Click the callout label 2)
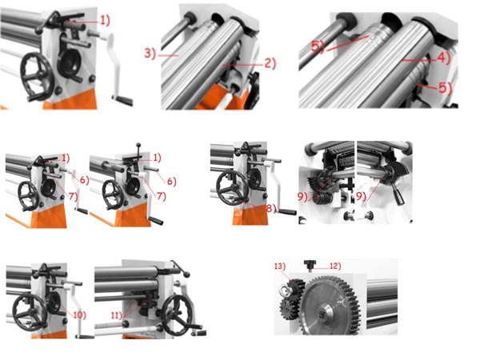[x=270, y=63]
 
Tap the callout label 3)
[x=150, y=54]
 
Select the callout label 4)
[x=443, y=58]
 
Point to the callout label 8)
[x=271, y=209]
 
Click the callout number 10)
[x=79, y=314]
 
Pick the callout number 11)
[x=117, y=315]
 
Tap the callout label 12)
[x=335, y=266]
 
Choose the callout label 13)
[x=280, y=266]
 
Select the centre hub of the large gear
[x=322, y=314]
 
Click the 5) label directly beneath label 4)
[x=446, y=87]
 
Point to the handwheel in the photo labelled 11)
[x=177, y=315]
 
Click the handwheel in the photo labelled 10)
[x=29, y=312]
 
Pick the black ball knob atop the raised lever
[x=138, y=145]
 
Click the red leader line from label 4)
[x=418, y=60]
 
